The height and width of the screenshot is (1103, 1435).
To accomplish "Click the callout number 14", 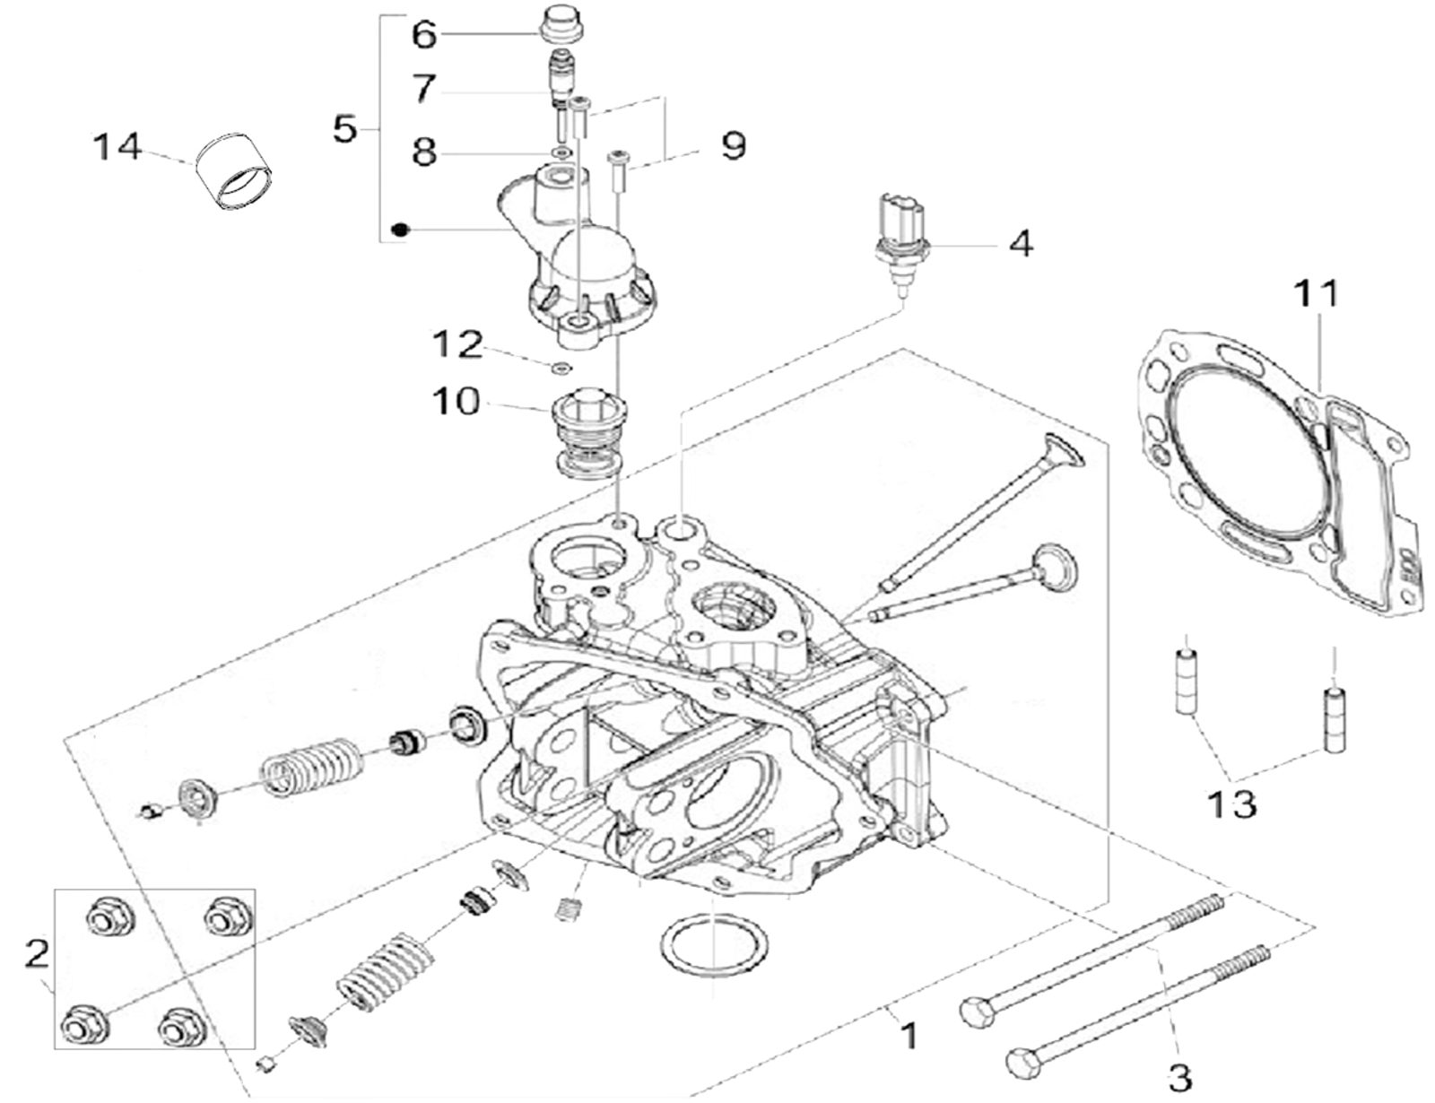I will click(x=118, y=146).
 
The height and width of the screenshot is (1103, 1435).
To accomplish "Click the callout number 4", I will click(x=1021, y=243).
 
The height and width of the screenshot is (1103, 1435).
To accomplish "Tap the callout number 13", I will click(x=1231, y=804).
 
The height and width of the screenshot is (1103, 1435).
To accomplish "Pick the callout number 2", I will click(x=36, y=953).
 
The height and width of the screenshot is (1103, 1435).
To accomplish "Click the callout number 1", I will click(x=909, y=1036).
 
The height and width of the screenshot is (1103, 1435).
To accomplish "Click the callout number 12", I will click(x=457, y=345).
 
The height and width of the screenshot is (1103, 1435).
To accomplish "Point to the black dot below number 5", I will click(x=401, y=230).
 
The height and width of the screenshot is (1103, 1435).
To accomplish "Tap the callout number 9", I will click(x=734, y=145).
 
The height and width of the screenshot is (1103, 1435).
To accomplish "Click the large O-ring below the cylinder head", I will click(x=714, y=946).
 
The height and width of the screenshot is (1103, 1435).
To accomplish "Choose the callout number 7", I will click(x=424, y=89).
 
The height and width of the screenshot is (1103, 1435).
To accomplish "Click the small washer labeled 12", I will click(x=562, y=366).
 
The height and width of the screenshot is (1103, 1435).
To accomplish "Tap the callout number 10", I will click(x=457, y=402).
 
